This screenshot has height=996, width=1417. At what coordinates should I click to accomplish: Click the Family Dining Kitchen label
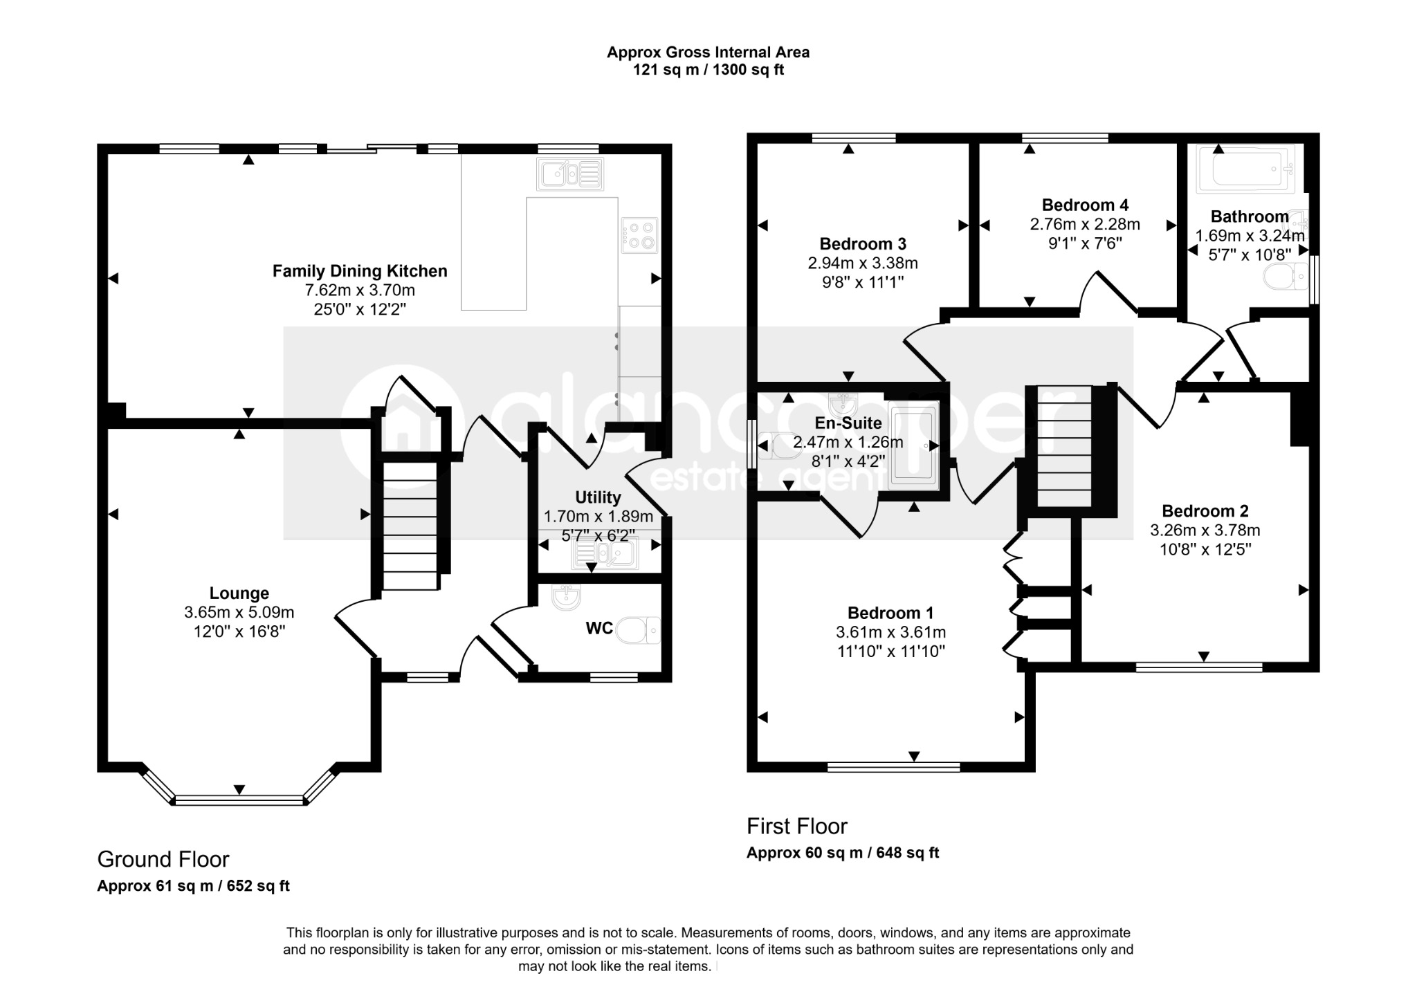click(360, 271)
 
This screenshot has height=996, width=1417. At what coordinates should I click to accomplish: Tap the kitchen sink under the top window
click(570, 174)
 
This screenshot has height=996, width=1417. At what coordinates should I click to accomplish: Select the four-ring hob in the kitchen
click(639, 234)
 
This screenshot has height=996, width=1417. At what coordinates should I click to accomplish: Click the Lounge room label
click(239, 593)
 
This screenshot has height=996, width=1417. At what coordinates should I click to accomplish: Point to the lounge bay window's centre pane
click(239, 800)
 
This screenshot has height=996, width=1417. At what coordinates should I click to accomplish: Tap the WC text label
click(599, 629)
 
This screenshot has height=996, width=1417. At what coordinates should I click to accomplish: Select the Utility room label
click(598, 497)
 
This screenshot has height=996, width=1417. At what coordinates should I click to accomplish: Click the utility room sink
click(604, 553)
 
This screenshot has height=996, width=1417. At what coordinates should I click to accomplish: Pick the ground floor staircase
click(410, 526)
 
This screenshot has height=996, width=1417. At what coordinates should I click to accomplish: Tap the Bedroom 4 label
click(1085, 205)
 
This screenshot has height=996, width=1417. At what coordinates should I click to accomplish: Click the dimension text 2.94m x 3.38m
click(863, 264)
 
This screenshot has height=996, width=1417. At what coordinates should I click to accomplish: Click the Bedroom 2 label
click(1205, 511)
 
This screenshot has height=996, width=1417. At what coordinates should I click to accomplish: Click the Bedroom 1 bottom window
click(893, 767)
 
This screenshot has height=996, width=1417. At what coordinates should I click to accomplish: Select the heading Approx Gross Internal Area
click(708, 52)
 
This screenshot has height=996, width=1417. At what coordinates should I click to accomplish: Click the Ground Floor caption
click(163, 859)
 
